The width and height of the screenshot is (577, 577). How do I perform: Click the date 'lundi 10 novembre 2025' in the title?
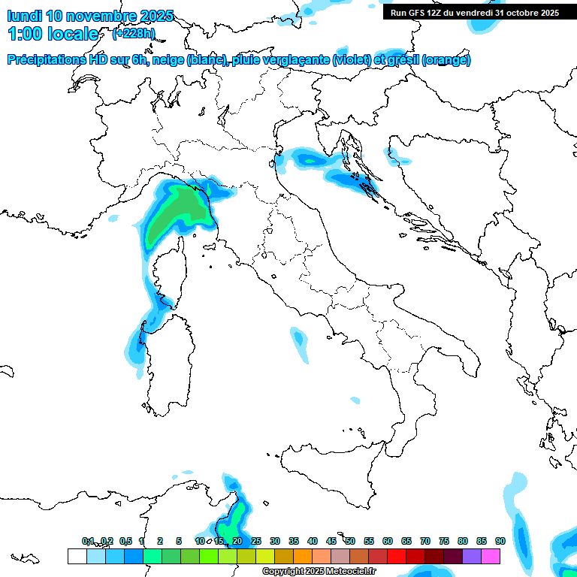tap(90, 16)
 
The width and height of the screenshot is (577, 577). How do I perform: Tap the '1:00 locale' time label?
tap(53, 34)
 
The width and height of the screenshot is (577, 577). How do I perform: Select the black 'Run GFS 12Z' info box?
tap(474, 13)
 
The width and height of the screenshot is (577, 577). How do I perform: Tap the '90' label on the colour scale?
tap(500, 541)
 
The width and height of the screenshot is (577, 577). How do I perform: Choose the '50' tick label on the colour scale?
tap(350, 541)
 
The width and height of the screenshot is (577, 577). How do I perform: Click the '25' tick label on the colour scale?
tap(256, 541)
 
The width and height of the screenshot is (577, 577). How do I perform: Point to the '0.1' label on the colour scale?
tap(88, 541)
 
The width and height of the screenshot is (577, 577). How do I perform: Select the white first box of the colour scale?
tap(77, 556)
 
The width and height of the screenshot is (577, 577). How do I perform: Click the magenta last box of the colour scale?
tap(491, 556)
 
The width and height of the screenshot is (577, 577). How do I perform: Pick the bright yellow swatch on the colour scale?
tap(264, 556)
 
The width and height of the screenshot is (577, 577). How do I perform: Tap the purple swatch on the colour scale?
tap(472, 556)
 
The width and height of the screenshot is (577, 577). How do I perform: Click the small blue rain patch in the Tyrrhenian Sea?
tap(299, 343)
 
